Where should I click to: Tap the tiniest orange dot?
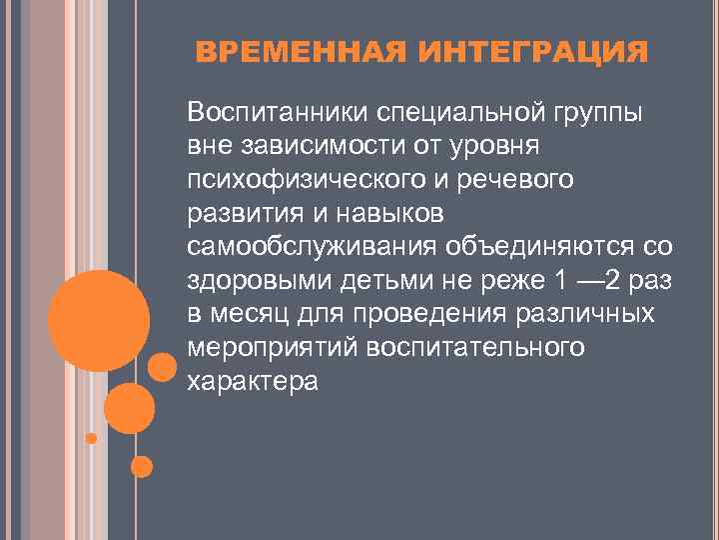(x=91, y=438)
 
